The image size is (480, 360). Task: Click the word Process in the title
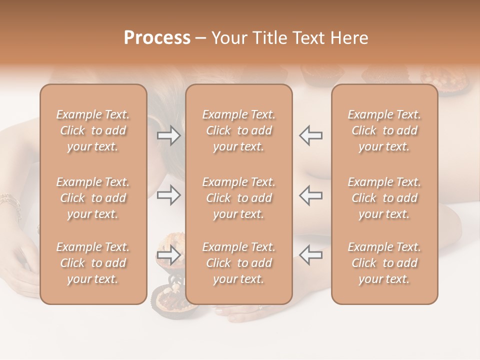tap(157, 37)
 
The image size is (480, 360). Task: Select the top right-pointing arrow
tap(168, 135)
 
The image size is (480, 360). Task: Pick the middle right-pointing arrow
tap(168, 195)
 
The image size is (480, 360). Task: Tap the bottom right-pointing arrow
tap(168, 255)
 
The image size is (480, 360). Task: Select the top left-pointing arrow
tap(311, 135)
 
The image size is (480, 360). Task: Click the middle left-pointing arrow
tap(311, 195)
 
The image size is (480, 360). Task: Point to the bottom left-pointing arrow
tap(311, 255)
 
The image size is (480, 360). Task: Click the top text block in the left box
tap(93, 130)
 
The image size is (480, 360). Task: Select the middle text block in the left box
tap(93, 198)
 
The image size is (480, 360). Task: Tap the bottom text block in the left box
tap(93, 263)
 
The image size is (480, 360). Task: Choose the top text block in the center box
tap(238, 130)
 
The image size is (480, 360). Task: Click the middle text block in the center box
tap(238, 198)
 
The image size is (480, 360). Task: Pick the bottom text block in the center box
tap(238, 263)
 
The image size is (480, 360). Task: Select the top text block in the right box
tap(384, 130)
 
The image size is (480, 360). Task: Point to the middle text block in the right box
tap(384, 198)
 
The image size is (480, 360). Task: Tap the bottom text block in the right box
tap(384, 263)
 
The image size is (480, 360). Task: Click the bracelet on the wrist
tap(11, 203)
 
